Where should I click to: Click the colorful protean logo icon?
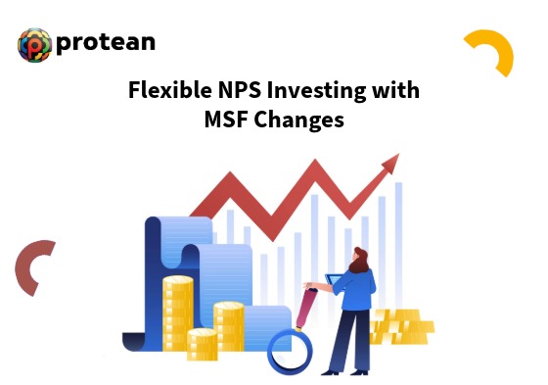pyautogui.click(x=34, y=44)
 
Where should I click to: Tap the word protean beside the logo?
pyautogui.click(x=106, y=43)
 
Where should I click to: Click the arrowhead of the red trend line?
pyautogui.click(x=391, y=163)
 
